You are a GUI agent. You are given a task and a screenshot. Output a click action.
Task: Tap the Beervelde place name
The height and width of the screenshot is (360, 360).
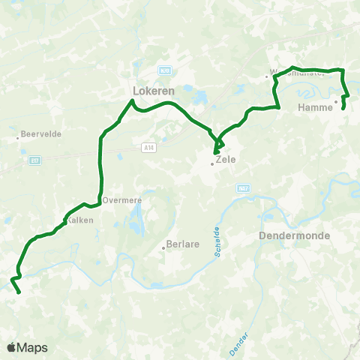coord(41,133)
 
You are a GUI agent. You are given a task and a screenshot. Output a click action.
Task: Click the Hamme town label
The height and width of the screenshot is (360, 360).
coord(315,108)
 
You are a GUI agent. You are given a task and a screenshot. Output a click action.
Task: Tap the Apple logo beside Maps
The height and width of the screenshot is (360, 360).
coord(11,347)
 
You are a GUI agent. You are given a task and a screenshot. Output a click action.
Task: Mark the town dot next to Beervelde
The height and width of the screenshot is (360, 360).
coord(18,137)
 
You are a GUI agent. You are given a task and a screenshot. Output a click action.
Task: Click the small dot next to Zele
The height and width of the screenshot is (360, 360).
coord(212,164)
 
